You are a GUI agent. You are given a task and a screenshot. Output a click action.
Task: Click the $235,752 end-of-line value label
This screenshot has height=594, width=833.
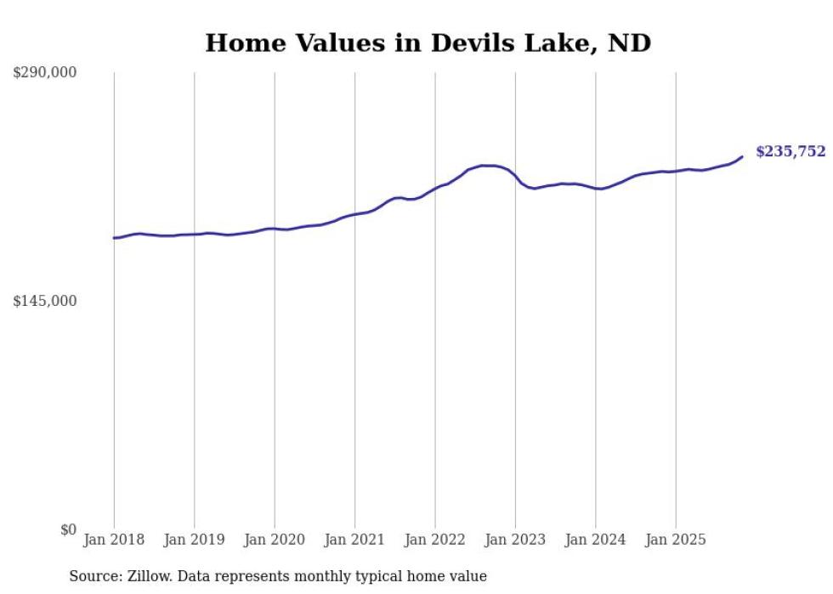(x=790, y=152)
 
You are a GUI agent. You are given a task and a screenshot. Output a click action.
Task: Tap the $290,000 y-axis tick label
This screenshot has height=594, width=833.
(x=45, y=73)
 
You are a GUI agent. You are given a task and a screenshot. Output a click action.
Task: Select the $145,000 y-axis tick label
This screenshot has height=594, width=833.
(x=45, y=301)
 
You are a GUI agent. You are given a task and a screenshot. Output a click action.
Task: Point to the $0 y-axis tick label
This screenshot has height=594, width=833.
(x=68, y=529)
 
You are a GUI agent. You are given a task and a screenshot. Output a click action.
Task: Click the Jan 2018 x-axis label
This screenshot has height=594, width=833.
(x=114, y=540)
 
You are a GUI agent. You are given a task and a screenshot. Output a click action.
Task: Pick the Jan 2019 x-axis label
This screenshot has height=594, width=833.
(x=195, y=540)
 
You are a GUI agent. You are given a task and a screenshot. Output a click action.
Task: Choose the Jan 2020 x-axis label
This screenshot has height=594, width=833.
(x=275, y=540)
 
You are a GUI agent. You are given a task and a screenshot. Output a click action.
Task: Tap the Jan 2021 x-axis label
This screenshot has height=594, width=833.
(x=355, y=540)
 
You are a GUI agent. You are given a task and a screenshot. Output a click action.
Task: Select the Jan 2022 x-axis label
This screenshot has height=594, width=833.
(x=435, y=540)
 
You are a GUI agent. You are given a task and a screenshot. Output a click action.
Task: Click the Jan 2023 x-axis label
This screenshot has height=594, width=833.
(x=516, y=540)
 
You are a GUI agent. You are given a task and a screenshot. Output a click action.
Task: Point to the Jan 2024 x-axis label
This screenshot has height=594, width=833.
(x=596, y=540)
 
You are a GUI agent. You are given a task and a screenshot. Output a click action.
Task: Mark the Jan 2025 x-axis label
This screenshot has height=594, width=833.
(x=676, y=540)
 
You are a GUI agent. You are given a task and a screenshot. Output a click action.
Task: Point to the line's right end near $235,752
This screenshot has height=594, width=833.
(x=742, y=156)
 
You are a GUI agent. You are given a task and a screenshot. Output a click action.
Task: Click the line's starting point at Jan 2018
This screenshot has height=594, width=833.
(x=114, y=238)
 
